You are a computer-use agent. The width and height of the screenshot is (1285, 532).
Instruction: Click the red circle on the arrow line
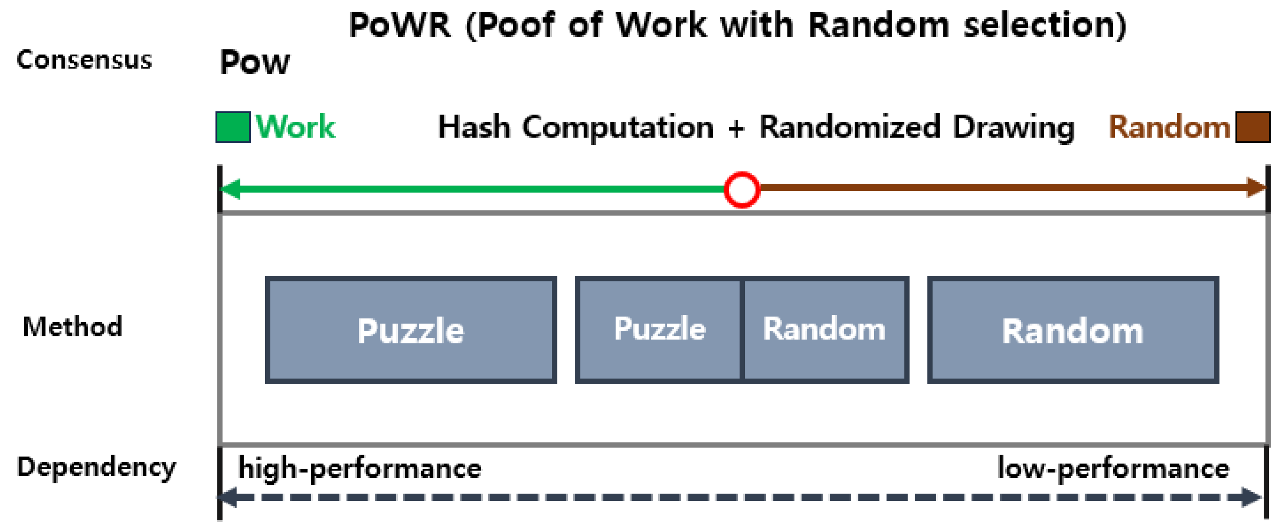click(x=741, y=189)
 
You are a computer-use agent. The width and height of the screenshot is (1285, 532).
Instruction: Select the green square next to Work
click(x=233, y=127)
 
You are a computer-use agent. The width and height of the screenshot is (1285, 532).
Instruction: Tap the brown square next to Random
click(x=1252, y=127)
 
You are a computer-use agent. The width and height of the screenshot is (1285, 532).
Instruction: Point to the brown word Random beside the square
click(x=1169, y=127)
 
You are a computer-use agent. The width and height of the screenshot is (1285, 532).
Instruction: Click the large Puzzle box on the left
click(x=410, y=330)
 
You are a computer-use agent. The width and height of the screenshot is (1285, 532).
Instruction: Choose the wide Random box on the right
click(x=1072, y=330)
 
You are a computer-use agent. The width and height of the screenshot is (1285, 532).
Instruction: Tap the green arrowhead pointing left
click(x=230, y=189)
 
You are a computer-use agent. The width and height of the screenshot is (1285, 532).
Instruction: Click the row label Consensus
click(x=84, y=60)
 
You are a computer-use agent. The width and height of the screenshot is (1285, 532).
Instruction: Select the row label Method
click(x=73, y=326)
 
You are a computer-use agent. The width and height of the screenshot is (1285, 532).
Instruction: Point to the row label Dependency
click(x=96, y=467)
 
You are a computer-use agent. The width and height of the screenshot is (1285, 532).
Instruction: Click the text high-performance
click(x=360, y=469)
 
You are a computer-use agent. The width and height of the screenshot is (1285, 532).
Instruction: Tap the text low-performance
click(x=1113, y=469)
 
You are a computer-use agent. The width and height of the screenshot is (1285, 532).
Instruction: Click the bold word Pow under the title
click(x=254, y=62)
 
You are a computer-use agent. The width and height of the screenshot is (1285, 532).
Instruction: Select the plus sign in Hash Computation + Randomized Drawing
click(x=736, y=128)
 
